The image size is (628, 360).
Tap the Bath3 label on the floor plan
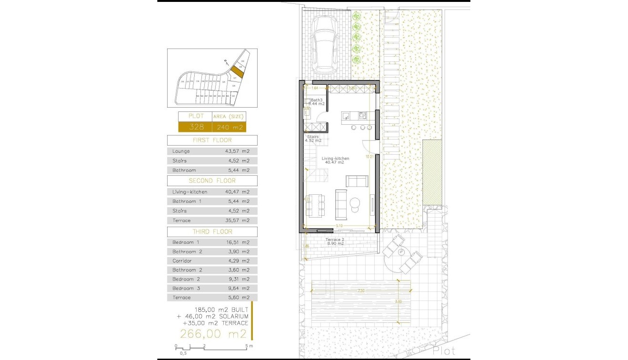coord(310,100)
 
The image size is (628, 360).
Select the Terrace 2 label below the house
coord(335,240)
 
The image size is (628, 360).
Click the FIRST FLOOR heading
coord(212,140)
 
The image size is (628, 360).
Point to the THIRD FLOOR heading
coord(212,231)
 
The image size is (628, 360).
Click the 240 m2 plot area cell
coord(230,127)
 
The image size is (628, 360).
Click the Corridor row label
coord(182,261)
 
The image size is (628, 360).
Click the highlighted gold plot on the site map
coord(237,72)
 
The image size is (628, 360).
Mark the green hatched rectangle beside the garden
coord(432,172)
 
